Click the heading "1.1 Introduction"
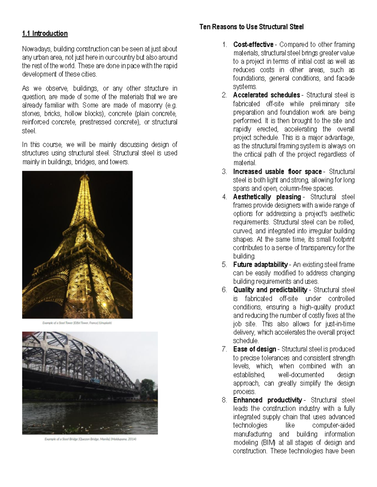click(45, 34)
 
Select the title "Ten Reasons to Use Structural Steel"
click(251, 27)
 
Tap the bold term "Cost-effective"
click(253, 45)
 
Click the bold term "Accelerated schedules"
click(266, 95)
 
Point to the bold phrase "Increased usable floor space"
click(277, 172)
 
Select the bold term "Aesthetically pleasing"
click(267, 197)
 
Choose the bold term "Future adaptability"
click(260, 264)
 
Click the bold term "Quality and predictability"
click(270, 290)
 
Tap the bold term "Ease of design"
click(254, 349)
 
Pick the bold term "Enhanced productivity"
click(267, 400)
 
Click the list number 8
click(224, 400)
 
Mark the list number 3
click(224, 172)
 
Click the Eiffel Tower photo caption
click(77, 323)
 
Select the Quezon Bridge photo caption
click(90, 439)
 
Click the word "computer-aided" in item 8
click(333, 426)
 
